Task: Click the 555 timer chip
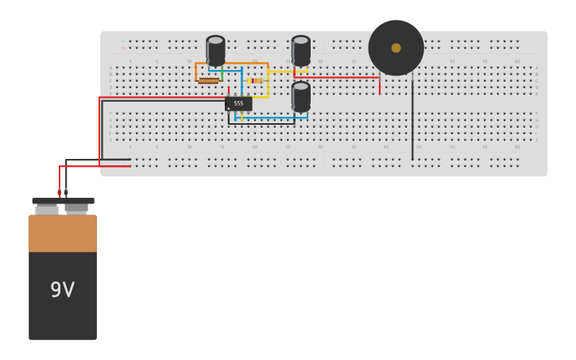pos(238,103)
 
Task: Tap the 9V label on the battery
pos(62,290)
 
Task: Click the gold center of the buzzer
pos(396,48)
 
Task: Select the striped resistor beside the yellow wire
pos(254,80)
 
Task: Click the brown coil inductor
pos(208,80)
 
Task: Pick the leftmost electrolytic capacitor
pos(215,49)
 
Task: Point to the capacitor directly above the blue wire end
pos(301,95)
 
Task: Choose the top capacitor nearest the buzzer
pos(301,49)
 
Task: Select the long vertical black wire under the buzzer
pos(412,119)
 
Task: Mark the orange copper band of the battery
pos(63,234)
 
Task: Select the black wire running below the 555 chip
pos(262,124)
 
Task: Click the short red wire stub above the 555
pos(229,91)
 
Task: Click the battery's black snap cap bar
pos(63,201)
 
